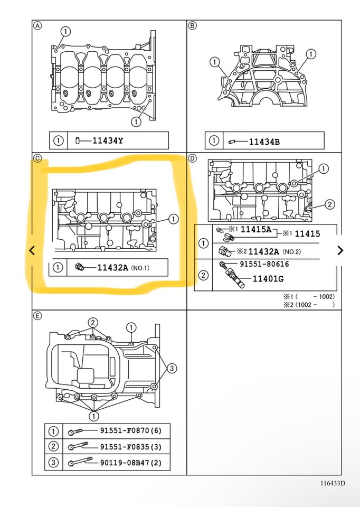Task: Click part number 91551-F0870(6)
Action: coord(130,430)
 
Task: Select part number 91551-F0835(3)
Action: coord(130,447)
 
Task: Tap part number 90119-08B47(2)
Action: coord(130,463)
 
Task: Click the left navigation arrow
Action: coord(32,250)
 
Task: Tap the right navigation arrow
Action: coord(340,250)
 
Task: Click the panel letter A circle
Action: coord(37,25)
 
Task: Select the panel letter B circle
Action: coord(192,25)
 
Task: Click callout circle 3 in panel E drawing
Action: coord(173,368)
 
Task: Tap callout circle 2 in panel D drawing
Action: coord(329,204)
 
